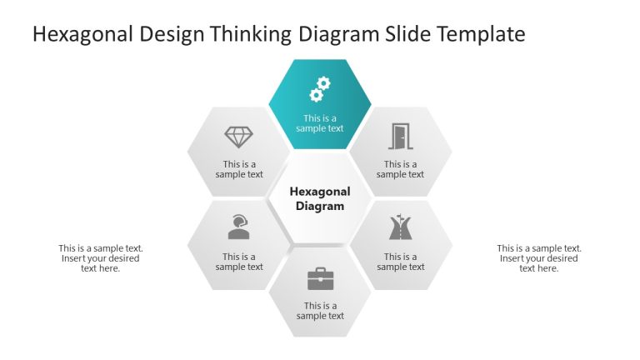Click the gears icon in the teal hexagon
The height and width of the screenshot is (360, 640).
tap(320, 88)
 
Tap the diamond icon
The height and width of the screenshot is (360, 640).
tap(239, 137)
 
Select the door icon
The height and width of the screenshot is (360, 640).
tap(401, 136)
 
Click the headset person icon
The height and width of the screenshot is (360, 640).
tap(239, 227)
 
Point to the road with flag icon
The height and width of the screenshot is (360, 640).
tap(401, 227)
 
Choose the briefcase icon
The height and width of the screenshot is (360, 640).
tap(320, 277)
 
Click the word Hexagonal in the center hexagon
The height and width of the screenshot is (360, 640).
tap(320, 192)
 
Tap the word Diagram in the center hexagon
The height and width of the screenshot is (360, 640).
tap(320, 206)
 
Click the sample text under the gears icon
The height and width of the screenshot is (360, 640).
tap(320, 123)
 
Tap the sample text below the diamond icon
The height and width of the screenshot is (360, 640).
tap(239, 169)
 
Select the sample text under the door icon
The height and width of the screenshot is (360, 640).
tap(401, 169)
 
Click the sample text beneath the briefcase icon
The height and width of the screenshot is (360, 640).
tap(320, 311)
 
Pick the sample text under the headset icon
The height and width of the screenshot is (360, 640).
tap(239, 262)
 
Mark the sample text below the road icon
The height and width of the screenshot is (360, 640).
tap(401, 262)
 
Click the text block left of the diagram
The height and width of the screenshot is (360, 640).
tap(101, 258)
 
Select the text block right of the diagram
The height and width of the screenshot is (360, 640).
tap(539, 258)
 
